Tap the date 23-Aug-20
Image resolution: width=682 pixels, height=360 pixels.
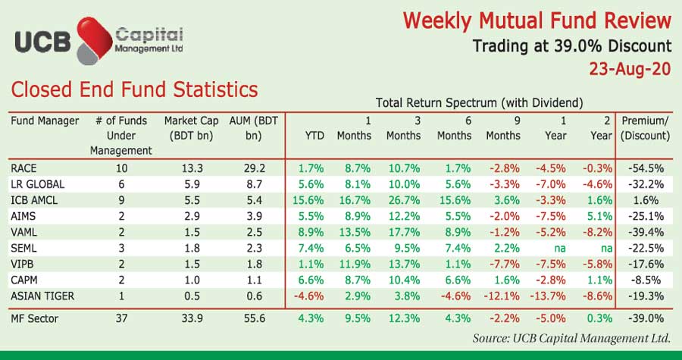point(630,69)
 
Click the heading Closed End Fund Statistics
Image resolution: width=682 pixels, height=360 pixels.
point(134,90)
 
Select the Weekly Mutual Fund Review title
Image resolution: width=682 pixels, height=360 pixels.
point(537,20)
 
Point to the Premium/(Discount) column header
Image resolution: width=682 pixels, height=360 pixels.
point(645,128)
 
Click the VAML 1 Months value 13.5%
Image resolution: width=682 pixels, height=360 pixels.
point(353,231)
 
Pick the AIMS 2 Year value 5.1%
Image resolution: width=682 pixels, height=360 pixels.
point(599,215)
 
